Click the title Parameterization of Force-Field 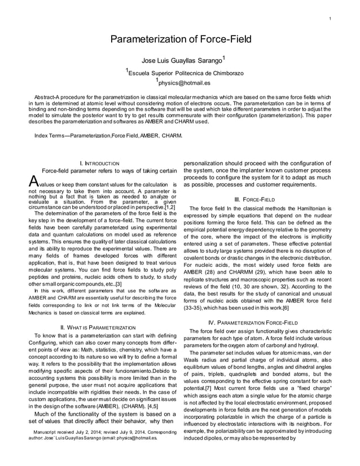[x=179, y=39]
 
